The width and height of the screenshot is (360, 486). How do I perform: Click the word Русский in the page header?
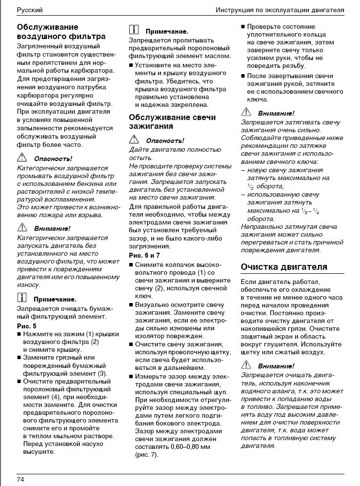(x=29, y=9)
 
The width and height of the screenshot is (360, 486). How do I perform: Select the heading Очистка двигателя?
(x=284, y=267)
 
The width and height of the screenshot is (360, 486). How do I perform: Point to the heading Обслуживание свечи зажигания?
(x=172, y=121)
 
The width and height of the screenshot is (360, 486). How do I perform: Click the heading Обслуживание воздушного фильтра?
(x=61, y=32)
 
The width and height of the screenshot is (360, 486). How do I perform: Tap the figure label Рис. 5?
(x=27, y=326)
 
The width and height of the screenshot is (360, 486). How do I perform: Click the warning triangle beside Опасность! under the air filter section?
(x=21, y=158)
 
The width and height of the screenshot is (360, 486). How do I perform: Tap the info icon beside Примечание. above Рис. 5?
(x=21, y=298)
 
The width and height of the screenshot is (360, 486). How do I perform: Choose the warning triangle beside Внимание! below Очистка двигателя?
(x=246, y=365)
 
